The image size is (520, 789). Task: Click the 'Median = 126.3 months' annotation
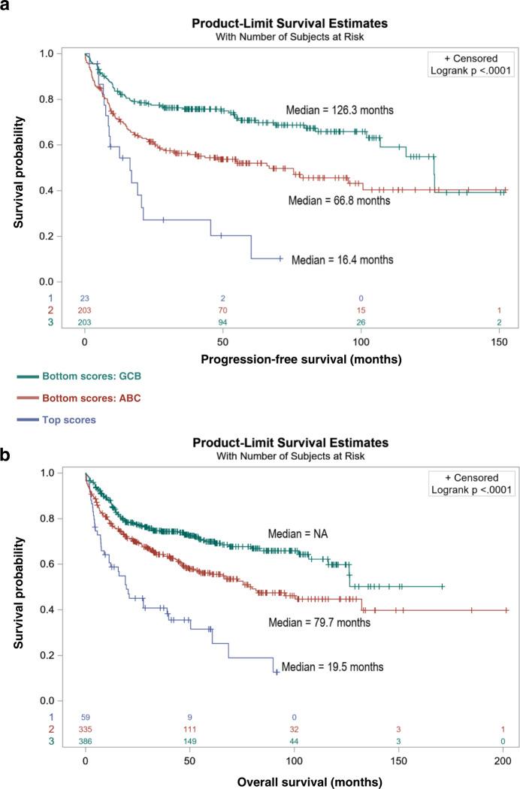pyautogui.click(x=339, y=110)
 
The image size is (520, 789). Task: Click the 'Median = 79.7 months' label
pyautogui.click(x=318, y=622)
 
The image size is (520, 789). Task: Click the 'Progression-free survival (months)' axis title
pyautogui.click(x=301, y=359)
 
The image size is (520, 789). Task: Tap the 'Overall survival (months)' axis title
pyautogui.click(x=301, y=778)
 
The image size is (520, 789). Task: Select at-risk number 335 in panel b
pyautogui.click(x=85, y=730)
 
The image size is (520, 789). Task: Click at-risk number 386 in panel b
pyautogui.click(x=85, y=741)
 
